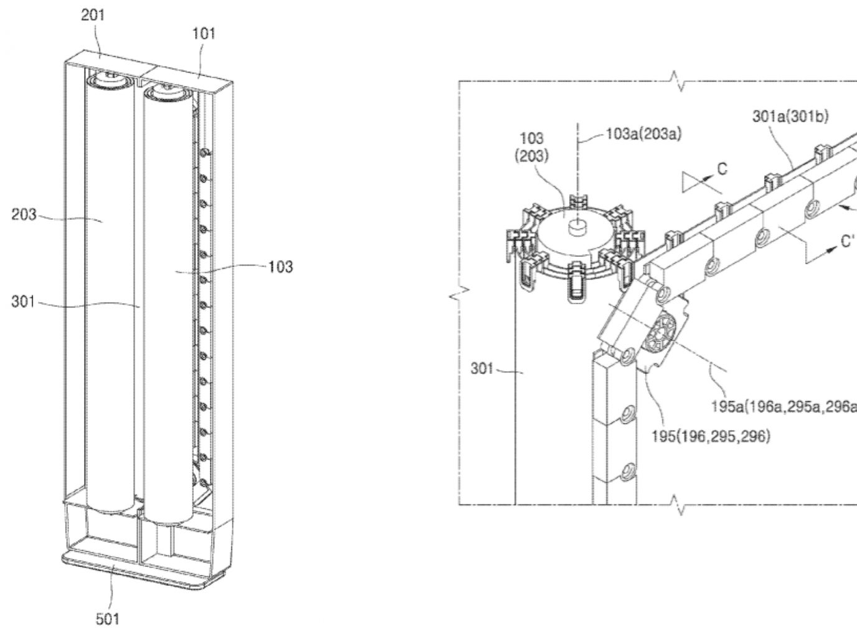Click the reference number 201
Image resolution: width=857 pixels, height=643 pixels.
coord(93,16)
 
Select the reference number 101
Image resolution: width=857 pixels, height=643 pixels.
coord(204,34)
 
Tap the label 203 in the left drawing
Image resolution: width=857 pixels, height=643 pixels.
coord(24,216)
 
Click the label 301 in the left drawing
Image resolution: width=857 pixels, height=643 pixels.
coord(24,303)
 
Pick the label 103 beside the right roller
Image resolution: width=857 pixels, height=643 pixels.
coord(280,267)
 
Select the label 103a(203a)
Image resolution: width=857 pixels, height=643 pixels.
coord(643,136)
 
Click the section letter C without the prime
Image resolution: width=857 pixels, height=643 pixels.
coord(722,169)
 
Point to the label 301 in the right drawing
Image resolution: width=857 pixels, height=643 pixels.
coord(482,369)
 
